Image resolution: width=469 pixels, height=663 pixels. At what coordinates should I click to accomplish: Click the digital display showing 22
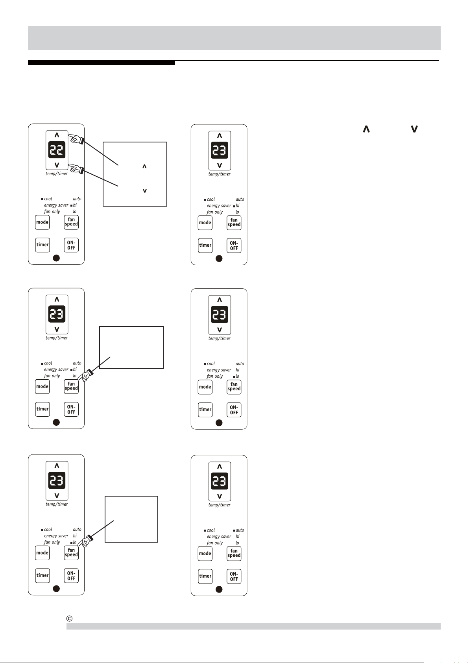coord(57,150)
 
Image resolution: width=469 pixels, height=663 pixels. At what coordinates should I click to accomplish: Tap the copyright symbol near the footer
coord(70,618)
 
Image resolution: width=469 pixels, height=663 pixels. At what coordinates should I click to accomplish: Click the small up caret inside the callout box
coord(144,166)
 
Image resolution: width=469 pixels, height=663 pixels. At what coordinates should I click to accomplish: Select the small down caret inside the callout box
coord(145,190)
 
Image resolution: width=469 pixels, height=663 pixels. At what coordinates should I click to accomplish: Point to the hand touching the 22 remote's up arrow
coord(76,139)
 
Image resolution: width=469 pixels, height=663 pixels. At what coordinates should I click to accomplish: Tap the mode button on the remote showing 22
coord(42,222)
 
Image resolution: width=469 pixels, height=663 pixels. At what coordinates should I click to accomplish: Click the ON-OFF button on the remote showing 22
coord(71,245)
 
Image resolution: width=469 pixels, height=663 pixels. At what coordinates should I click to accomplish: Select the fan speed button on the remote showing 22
coord(71,222)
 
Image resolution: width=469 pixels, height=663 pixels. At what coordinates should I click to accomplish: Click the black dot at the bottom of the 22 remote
coord(56,258)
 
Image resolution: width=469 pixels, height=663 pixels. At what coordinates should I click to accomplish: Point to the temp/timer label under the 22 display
coord(57,174)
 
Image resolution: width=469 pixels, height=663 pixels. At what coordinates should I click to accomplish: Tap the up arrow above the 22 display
coord(57,135)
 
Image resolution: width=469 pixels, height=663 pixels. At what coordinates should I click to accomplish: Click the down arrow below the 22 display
coord(57,165)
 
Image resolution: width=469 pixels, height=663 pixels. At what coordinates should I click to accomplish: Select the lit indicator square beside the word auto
coord(234,530)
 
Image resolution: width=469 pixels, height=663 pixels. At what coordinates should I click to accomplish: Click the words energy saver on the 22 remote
coord(56,205)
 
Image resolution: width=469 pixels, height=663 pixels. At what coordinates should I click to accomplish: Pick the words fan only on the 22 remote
coord(52,212)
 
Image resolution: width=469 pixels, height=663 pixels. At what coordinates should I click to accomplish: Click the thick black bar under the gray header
coord(102,63)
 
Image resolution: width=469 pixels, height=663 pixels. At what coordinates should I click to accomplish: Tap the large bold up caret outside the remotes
coord(366,129)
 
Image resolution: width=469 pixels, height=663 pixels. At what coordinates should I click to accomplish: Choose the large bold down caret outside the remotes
coord(414,129)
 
